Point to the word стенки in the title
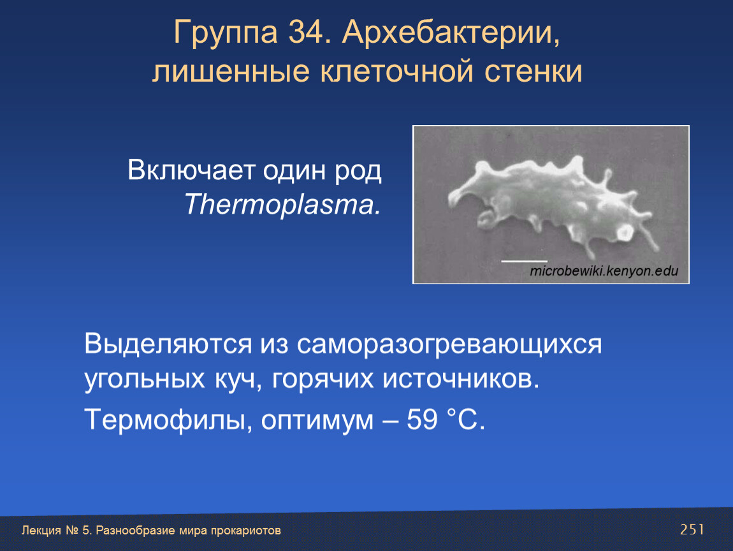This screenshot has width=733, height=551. pos(533,73)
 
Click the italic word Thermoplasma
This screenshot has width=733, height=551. pos(282,205)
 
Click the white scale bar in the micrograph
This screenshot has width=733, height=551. pos(524,261)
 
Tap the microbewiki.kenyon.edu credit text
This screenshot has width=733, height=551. pos(604,271)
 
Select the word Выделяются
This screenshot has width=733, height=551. pos(168,344)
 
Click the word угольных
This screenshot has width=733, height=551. pos(145,379)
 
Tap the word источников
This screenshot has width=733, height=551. pos(461,379)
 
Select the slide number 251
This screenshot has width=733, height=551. pos(692,529)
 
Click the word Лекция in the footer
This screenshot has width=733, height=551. pos(41,531)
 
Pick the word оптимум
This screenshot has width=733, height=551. pos(317,420)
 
